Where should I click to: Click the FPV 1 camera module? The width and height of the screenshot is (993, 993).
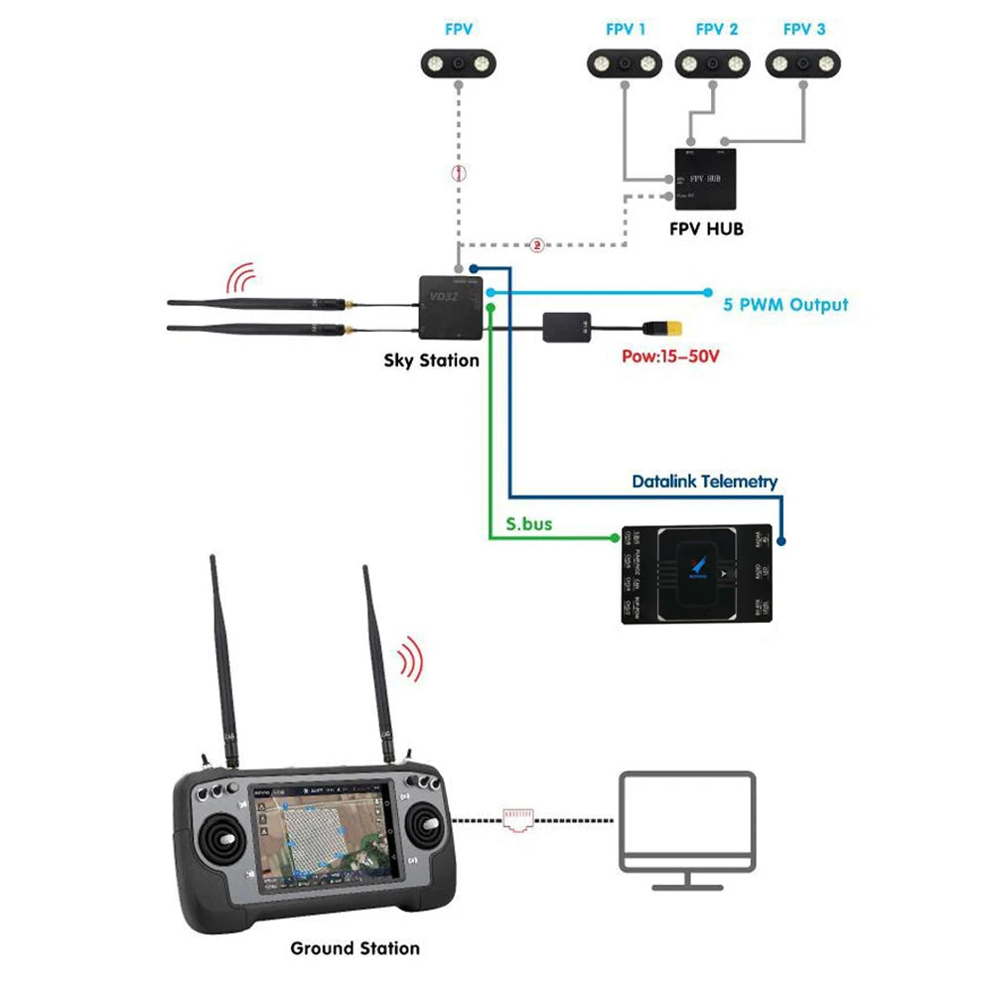coord(626,64)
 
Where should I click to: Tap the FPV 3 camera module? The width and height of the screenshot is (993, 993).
coord(803,64)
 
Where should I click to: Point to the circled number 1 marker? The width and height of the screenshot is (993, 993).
coord(458,172)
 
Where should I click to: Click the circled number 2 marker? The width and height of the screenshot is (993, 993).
coord(537,244)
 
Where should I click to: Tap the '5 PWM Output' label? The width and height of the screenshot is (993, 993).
coord(785,304)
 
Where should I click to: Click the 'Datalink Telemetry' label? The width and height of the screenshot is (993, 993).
coord(704,482)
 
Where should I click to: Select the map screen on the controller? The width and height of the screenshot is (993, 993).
coord(327,843)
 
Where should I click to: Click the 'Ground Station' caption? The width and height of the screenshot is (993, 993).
coord(355,948)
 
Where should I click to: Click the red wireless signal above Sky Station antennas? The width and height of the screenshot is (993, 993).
coord(239,275)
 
